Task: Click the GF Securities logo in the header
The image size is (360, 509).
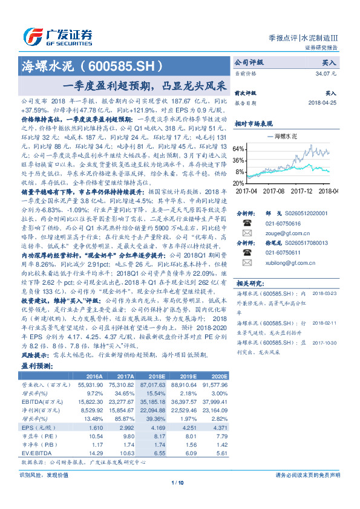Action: tap(57, 35)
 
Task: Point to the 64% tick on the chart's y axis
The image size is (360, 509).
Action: tap(239, 149)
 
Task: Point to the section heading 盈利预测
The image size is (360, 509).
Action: tap(37, 366)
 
